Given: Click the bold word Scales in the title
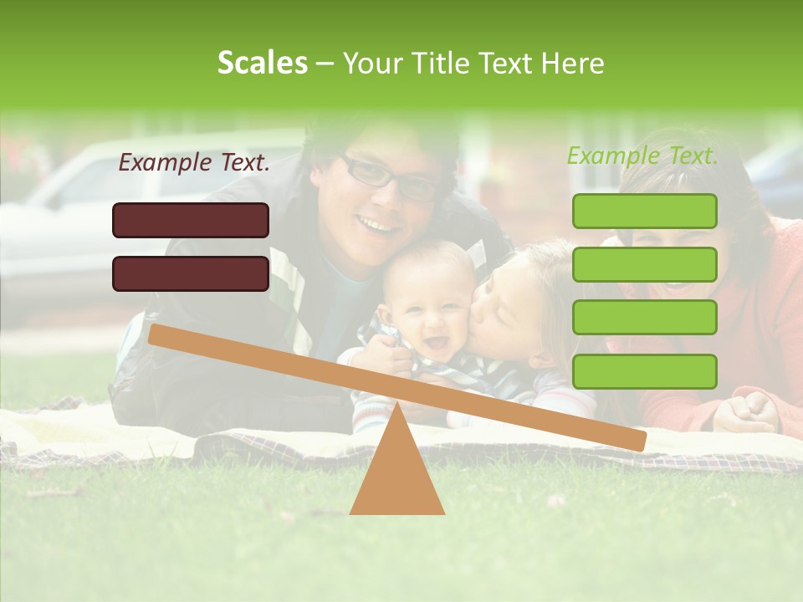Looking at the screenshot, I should click(x=263, y=63).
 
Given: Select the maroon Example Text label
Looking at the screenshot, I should click(x=194, y=163).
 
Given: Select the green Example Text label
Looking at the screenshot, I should click(x=642, y=156).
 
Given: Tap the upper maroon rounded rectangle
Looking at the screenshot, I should click(x=191, y=220).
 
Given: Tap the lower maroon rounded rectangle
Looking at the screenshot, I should click(x=191, y=273).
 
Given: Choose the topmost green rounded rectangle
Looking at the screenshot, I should click(x=644, y=211).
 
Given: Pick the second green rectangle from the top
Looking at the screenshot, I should click(x=644, y=264).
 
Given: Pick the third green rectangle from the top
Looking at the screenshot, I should click(x=644, y=318).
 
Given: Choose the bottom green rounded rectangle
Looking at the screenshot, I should click(x=644, y=371).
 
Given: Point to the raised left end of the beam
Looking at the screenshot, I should click(x=159, y=335).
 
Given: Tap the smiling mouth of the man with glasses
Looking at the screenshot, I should click(x=378, y=223).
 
